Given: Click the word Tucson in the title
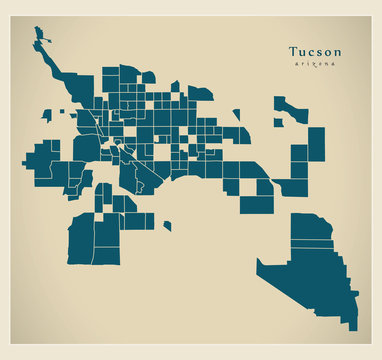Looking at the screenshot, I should click(x=314, y=51).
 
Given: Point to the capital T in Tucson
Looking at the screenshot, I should click(x=293, y=51).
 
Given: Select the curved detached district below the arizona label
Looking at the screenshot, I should click(x=290, y=107).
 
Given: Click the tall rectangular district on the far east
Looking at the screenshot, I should click(x=316, y=144).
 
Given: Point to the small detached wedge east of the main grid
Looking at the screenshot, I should click(x=237, y=116).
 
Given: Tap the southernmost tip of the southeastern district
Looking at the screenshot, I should click(x=353, y=326).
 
